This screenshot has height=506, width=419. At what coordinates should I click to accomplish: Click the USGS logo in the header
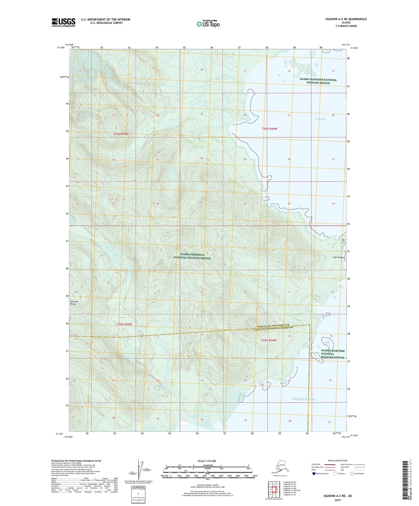point(64,22)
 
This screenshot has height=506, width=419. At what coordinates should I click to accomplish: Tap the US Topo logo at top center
point(208,23)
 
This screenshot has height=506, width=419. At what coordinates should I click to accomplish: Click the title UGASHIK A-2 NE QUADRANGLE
point(342,19)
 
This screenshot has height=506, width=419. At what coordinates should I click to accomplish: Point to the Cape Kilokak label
point(339,257)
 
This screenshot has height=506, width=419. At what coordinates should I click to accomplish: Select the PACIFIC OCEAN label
point(304,399)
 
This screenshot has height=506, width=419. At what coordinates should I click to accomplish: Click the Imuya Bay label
point(321,119)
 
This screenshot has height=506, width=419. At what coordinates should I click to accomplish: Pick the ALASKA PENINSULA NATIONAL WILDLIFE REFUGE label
point(192,256)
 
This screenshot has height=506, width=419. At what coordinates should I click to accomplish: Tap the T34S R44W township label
point(269,128)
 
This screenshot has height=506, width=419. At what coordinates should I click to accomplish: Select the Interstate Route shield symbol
point(315,474)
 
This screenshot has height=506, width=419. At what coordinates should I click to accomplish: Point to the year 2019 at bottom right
point(338,500)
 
